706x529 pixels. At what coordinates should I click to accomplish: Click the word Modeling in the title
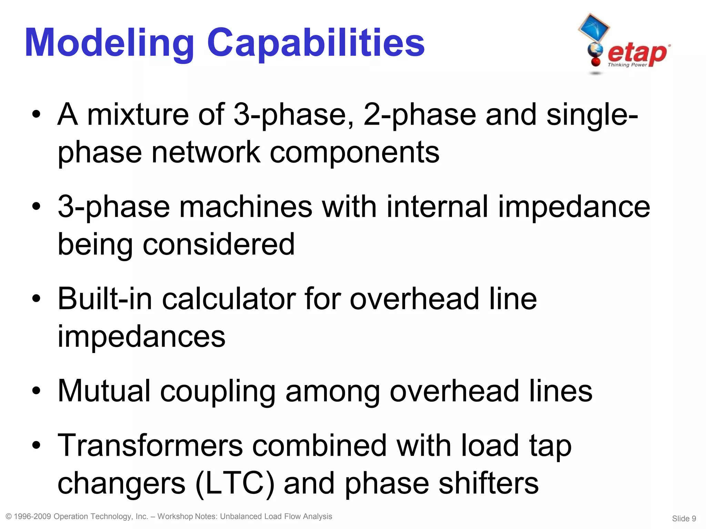click(x=110, y=43)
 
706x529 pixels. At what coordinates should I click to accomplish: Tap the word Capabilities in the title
click(x=315, y=43)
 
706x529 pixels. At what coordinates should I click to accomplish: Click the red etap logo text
click(x=637, y=53)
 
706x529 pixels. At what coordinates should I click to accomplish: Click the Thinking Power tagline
click(x=627, y=65)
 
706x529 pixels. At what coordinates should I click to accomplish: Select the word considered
click(x=219, y=244)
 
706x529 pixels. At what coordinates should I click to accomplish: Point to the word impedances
click(x=141, y=336)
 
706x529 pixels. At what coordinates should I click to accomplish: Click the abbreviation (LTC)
click(x=235, y=483)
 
